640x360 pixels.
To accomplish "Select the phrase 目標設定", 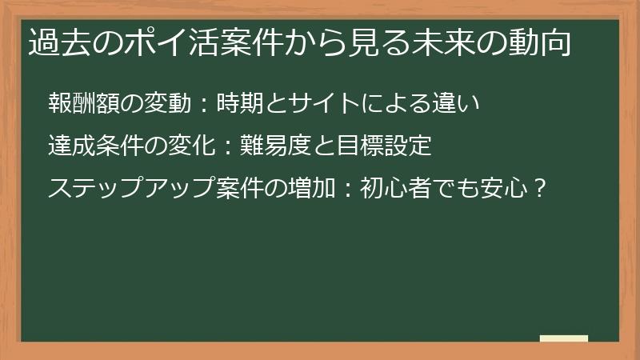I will coord(386,146).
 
